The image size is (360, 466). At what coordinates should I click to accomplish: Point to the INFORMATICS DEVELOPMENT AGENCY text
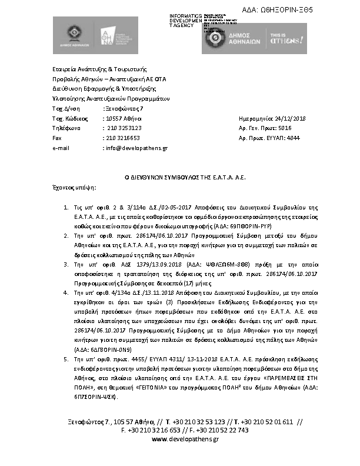[x=185, y=21]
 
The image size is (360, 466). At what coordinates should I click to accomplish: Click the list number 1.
[x=65, y=208]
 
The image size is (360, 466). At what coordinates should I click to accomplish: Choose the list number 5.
[x=65, y=358]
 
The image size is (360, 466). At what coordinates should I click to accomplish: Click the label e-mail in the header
[x=61, y=148]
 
